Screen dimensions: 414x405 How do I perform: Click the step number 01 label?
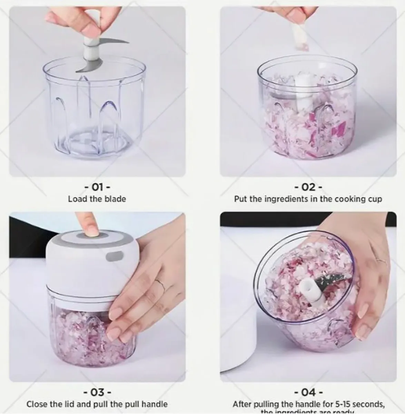click(97, 187)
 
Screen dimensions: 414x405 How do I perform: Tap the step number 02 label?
click(308, 187)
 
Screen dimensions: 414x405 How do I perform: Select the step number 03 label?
click(97, 392)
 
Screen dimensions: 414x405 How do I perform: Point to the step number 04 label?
click(308, 392)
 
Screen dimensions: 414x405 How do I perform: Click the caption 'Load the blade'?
click(97, 199)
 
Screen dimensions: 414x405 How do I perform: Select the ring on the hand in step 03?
click(159, 283)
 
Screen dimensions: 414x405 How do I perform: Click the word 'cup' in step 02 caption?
click(375, 199)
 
